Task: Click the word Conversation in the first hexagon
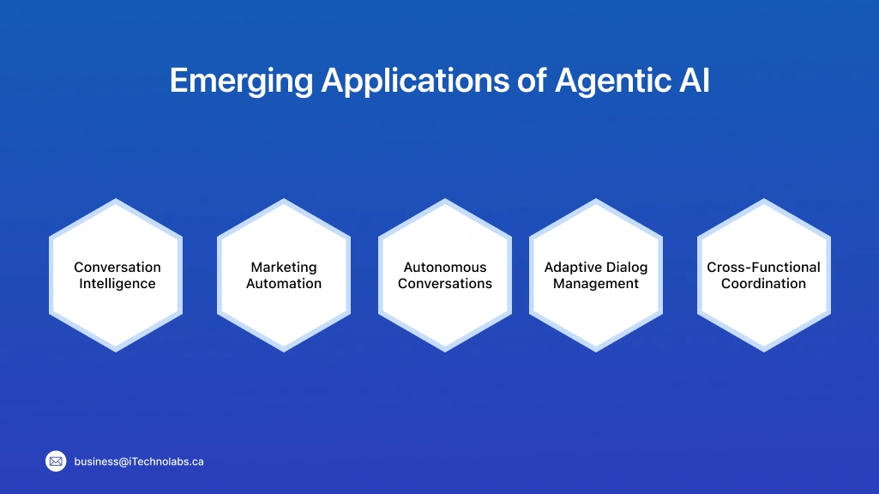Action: [x=117, y=268]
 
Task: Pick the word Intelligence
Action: [x=117, y=284]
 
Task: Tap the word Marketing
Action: [x=284, y=268]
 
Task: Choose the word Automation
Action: [x=284, y=284]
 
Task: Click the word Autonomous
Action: [x=445, y=268]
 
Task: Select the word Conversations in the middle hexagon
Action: [x=445, y=284]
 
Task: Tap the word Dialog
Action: [x=626, y=268]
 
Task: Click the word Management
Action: [x=596, y=284]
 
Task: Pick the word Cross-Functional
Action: [x=763, y=268]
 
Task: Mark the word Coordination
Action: [x=763, y=284]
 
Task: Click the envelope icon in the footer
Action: [x=56, y=461]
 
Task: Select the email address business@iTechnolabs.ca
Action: [x=139, y=461]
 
